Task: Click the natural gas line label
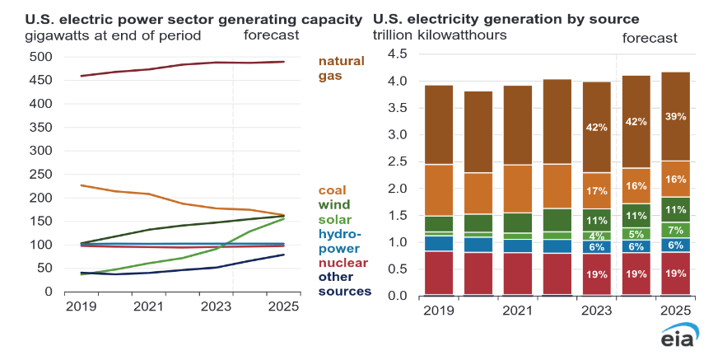342,68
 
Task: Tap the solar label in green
334,219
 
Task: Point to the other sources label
344,283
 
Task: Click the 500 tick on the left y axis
39,57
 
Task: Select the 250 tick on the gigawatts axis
39,175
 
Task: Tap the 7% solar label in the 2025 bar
674,229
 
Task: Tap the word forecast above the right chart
650,38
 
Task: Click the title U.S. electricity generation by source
506,18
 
